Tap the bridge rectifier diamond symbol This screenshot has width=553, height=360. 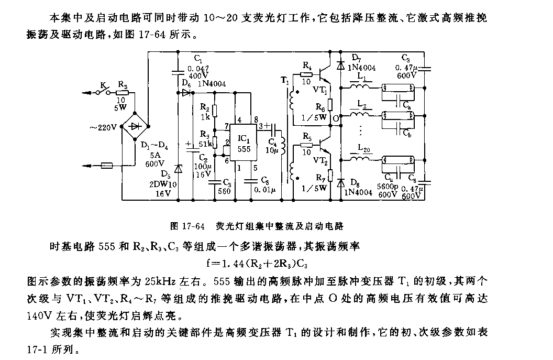coord(135,126)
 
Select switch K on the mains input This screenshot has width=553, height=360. coord(103,92)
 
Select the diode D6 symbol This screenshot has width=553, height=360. coord(186,92)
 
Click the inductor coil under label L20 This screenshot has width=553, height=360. coord(362,158)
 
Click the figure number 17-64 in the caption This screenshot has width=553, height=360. coord(192,227)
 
